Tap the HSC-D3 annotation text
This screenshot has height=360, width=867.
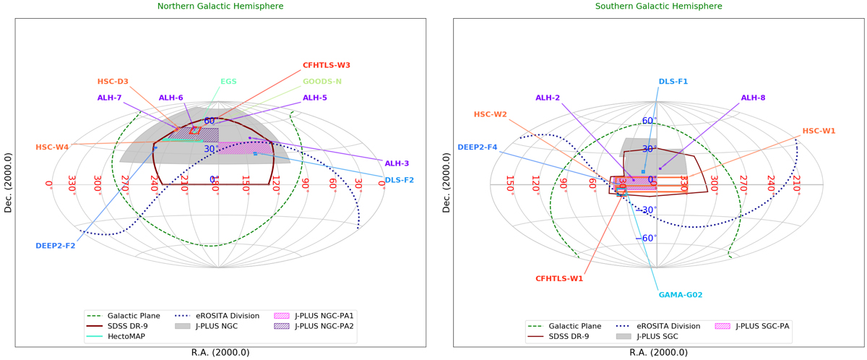coord(113,82)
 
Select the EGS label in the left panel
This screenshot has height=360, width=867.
coord(228,82)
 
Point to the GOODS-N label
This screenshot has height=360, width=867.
coord(322,82)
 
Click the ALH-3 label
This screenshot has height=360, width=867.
coord(397,163)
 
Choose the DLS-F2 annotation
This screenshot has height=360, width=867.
coord(400,180)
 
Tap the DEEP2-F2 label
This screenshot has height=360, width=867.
coord(55,246)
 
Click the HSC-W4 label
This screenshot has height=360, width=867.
coord(52,147)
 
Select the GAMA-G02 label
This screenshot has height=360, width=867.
coord(680,295)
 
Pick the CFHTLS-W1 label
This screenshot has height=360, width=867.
coord(559,278)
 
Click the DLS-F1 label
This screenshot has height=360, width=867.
coord(673,82)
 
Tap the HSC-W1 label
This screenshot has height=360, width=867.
coord(819,131)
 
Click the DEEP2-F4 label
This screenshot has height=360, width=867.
coord(477,147)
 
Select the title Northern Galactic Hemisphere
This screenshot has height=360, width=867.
coord(220,7)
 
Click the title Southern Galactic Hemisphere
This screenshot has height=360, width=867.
coord(658,7)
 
